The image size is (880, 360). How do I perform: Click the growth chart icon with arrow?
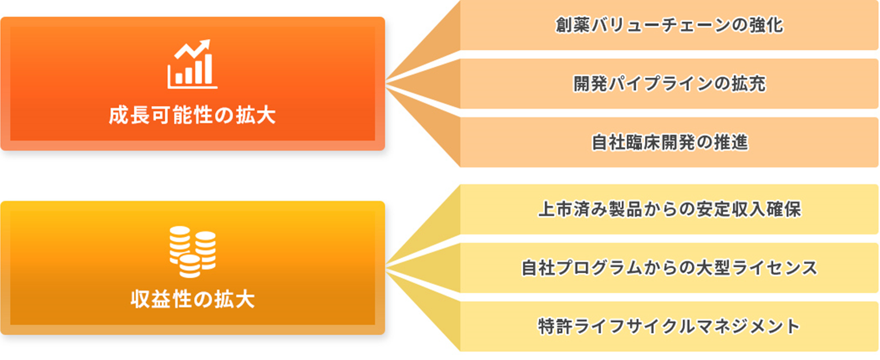(192, 64)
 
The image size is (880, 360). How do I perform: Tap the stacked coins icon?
(192, 252)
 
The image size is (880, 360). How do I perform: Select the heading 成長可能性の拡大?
(192, 116)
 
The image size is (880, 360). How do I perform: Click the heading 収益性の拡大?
(192, 300)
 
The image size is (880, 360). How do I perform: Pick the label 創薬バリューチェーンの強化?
(669, 25)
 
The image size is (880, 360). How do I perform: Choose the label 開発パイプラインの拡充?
(669, 84)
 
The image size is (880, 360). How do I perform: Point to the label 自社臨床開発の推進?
(669, 142)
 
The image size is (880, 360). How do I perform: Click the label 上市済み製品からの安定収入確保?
(669, 209)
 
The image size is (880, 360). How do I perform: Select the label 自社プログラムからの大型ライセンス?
(669, 268)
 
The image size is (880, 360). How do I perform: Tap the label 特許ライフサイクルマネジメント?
(669, 326)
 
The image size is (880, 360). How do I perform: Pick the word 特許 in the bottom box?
(555, 326)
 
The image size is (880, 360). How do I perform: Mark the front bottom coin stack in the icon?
(190, 266)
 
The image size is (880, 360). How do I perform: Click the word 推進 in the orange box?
(730, 142)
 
